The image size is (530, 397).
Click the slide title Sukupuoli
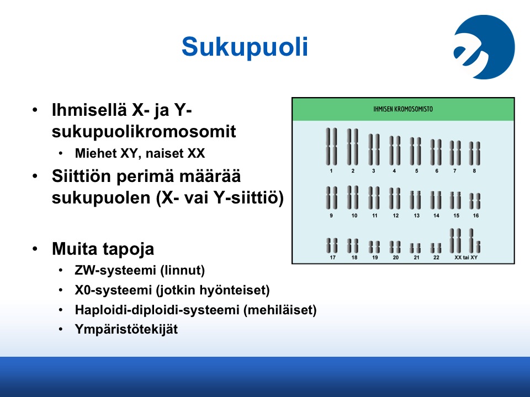point(245,46)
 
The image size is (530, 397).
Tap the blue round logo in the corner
point(484,47)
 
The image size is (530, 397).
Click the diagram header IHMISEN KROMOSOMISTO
point(403,109)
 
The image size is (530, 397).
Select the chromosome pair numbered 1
point(331,147)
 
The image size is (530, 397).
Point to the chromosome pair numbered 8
point(475,153)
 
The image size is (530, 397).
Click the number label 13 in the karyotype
point(416,216)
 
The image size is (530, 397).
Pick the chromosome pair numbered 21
point(415,248)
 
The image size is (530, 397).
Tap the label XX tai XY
point(466,257)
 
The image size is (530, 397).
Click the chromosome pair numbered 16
point(475,201)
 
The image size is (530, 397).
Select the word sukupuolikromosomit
point(144,132)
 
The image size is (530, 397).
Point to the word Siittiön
point(81,176)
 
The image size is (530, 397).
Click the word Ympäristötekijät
point(126,330)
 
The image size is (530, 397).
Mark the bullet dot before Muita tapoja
point(35,249)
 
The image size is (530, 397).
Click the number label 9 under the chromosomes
point(331,216)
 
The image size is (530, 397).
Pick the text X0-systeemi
point(113,290)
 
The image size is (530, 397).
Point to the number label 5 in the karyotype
point(416,171)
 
